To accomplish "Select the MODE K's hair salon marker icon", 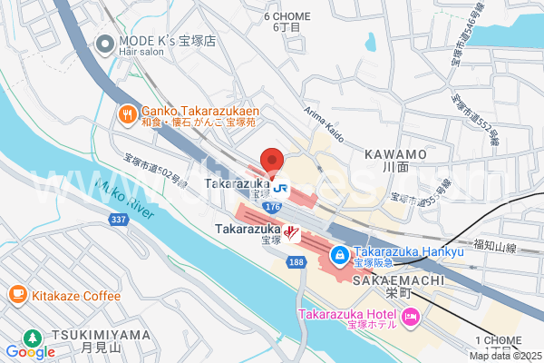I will [105, 43].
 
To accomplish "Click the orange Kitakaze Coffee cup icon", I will [17, 295].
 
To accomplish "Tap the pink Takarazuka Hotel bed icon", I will [410, 318].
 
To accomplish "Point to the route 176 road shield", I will [272, 208].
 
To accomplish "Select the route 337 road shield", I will [118, 219].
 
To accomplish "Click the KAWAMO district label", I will [395, 155].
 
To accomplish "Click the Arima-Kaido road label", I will [324, 124].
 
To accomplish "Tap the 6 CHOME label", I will [287, 16].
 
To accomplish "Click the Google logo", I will [30, 351].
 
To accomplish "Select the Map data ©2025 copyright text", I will [505, 356].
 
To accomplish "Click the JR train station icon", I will [282, 189].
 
